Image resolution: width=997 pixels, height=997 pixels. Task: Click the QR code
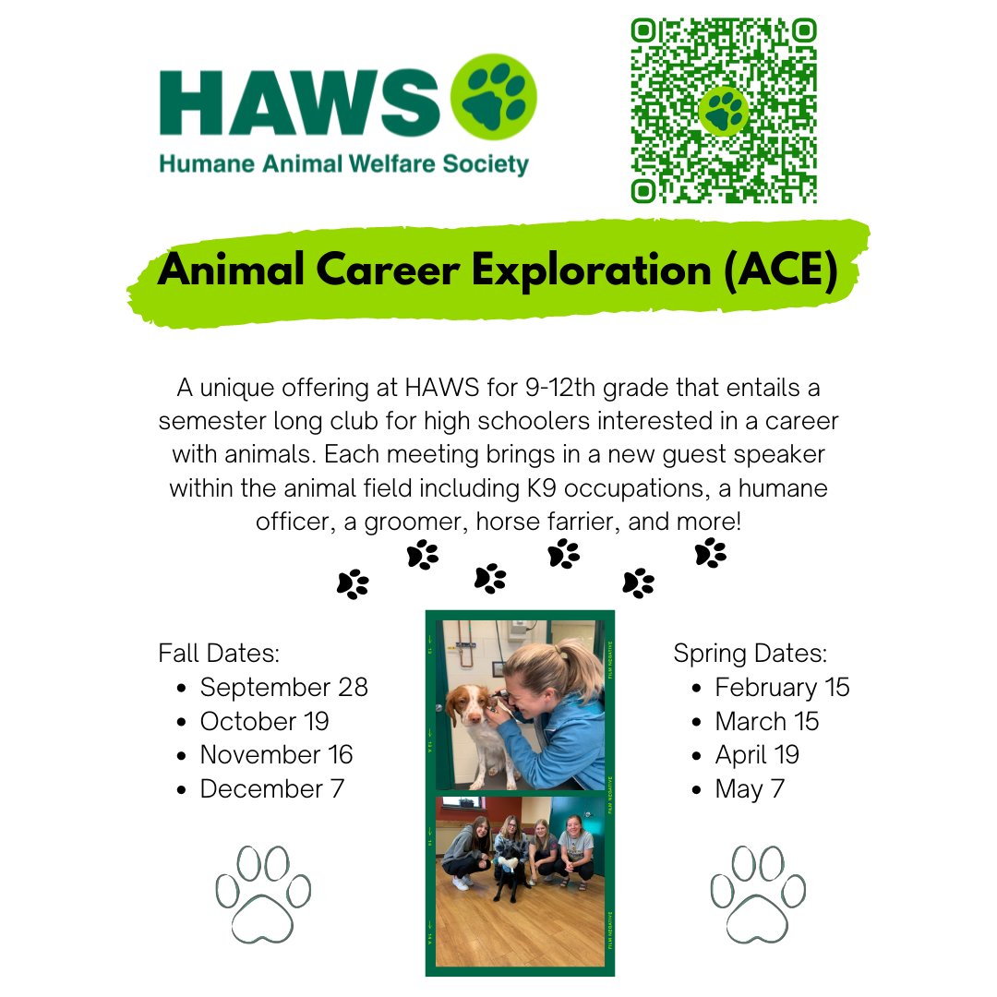coord(724,110)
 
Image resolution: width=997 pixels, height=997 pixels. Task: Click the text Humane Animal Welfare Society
coord(343,165)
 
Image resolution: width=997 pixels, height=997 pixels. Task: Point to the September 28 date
coord(283,688)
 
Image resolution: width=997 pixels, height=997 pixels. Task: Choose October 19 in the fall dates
coord(264,721)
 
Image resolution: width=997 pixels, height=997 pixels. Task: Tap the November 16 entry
coord(276,755)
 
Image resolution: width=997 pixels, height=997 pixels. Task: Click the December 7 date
coord(271,789)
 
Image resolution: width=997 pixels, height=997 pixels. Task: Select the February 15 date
coord(782,688)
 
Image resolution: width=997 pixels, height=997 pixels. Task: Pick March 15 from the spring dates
coord(766,721)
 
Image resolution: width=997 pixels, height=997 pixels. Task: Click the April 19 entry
coord(757,755)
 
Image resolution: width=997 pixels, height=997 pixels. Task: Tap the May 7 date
coord(750,789)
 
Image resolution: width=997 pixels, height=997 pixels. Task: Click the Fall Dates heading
coord(219,654)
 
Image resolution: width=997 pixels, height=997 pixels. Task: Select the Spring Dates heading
coord(750,654)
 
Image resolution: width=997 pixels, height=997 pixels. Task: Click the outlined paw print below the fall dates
coord(263,894)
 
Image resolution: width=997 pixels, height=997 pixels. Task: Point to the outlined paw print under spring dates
coord(758,894)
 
